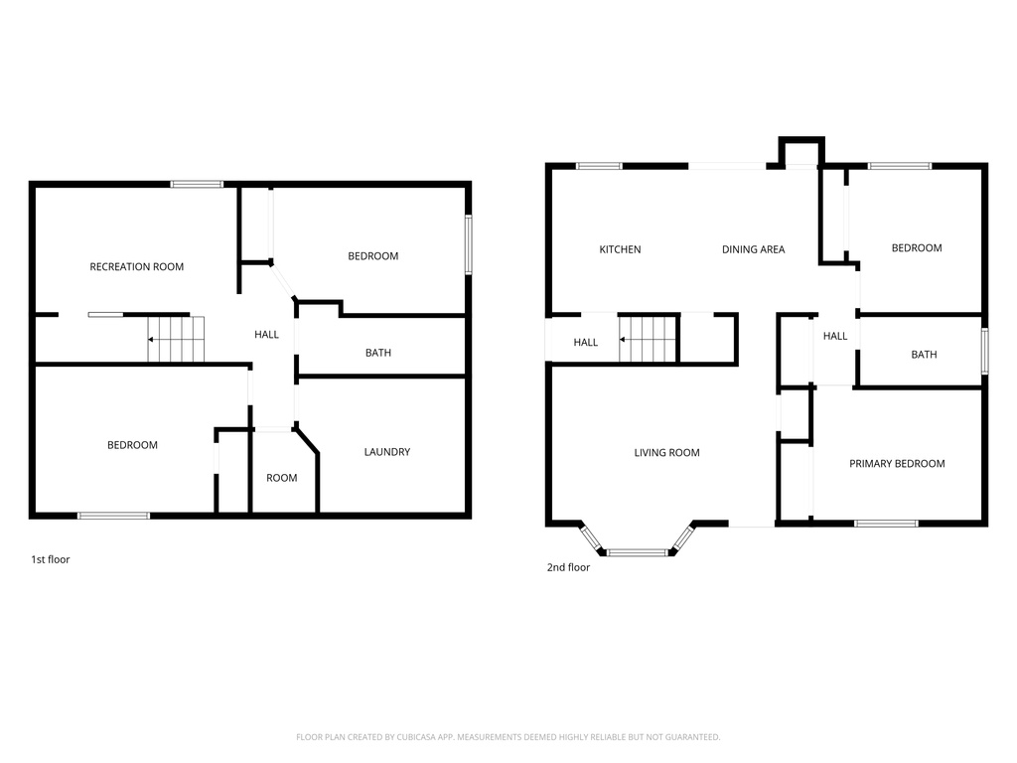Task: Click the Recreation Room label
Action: click(136, 266)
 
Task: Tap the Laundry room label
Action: click(386, 452)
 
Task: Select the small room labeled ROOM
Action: click(281, 478)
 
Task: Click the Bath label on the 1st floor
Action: click(377, 353)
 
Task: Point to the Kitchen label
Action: click(620, 249)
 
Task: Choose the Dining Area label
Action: click(753, 249)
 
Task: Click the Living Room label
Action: click(666, 453)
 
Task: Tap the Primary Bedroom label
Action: click(897, 464)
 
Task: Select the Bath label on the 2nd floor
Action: click(924, 355)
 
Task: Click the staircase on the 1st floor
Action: click(176, 339)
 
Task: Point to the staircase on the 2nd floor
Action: click(648, 339)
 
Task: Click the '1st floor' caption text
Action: click(51, 559)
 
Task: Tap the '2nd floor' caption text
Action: click(568, 567)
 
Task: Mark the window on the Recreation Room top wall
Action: click(196, 184)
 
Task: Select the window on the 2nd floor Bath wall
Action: click(984, 351)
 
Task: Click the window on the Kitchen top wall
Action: click(599, 166)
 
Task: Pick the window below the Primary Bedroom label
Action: click(886, 523)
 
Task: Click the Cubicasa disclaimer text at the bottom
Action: click(508, 737)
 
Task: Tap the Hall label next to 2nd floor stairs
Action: click(585, 343)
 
